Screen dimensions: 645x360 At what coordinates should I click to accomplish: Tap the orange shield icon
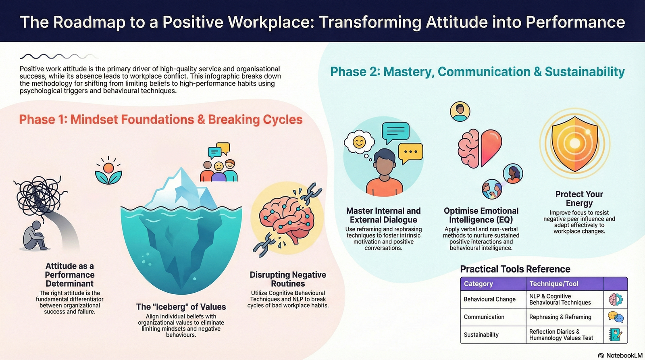pos(575,143)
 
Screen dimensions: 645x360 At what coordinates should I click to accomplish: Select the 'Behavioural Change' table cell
pos(489,299)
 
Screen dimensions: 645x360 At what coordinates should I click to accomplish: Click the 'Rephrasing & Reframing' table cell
pos(560,317)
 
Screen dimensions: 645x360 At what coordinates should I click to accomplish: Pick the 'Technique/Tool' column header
pos(554,284)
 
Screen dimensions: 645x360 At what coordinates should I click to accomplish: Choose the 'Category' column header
pos(478,284)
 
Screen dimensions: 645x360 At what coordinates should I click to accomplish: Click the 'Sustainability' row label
pos(481,335)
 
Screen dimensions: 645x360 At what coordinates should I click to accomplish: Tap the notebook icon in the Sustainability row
pos(616,335)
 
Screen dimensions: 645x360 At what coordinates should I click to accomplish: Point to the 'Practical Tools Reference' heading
pos(515,269)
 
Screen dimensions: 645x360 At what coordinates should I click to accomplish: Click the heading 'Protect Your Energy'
pos(579,198)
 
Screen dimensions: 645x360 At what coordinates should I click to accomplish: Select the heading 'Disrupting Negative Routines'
pos(288,279)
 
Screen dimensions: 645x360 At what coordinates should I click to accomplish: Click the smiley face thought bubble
pos(359,142)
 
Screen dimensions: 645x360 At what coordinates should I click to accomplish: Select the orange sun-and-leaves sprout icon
pos(108,171)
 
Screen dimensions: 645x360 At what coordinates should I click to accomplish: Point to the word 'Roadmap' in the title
pos(89,22)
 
